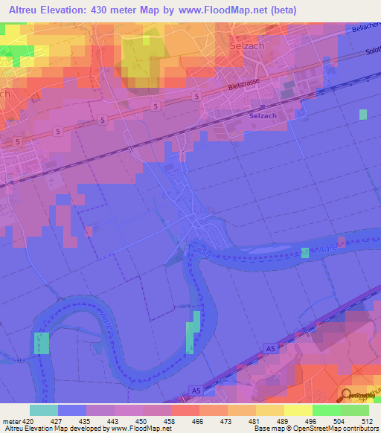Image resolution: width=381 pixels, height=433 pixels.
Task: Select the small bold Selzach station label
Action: coord(263,115)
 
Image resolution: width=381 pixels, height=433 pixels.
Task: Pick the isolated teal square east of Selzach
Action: coord(362,114)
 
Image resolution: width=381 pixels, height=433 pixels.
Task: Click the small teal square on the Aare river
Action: coord(305,253)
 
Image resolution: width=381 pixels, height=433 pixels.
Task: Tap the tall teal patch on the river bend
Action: coord(192,332)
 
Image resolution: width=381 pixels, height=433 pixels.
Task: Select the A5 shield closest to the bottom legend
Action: coord(196,391)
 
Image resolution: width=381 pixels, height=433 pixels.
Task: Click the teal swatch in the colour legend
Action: coord(44,410)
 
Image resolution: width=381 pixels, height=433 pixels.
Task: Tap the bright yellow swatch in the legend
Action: coord(298,410)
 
